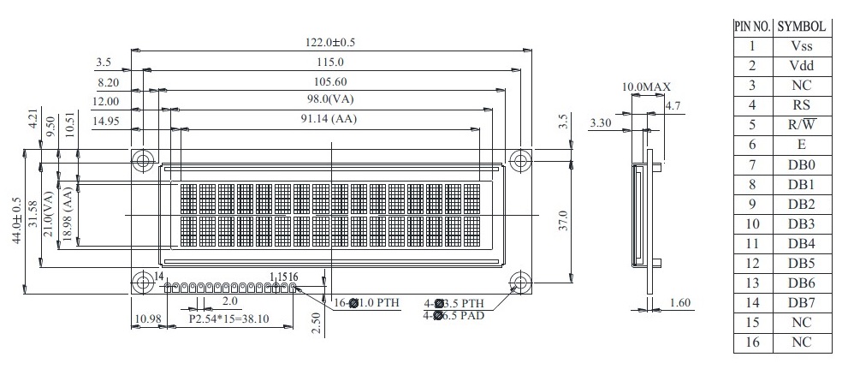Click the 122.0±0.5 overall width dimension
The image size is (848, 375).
[x=332, y=42]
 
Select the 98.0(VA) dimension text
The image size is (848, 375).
[x=330, y=100]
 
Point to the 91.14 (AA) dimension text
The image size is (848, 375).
[x=329, y=119]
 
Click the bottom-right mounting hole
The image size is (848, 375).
[x=520, y=282]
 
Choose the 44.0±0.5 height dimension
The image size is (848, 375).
[x=18, y=220]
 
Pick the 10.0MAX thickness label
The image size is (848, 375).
[x=646, y=86]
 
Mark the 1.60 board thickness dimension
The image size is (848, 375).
[x=679, y=302]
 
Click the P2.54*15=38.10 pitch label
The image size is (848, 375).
[x=228, y=319]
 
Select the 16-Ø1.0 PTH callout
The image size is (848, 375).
[x=366, y=303]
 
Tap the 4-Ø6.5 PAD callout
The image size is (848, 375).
[x=454, y=315]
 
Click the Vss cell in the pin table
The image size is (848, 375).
[x=802, y=46]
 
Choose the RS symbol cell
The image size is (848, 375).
[x=802, y=105]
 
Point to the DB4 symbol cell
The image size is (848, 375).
[x=802, y=243]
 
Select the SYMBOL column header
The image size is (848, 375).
[x=802, y=27]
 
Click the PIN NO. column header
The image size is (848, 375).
[x=753, y=27]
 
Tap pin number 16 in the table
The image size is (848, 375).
[x=752, y=342]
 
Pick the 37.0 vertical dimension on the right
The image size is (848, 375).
[x=562, y=222]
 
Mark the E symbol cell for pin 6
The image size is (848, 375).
[x=802, y=145]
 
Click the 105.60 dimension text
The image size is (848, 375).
[x=330, y=81]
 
